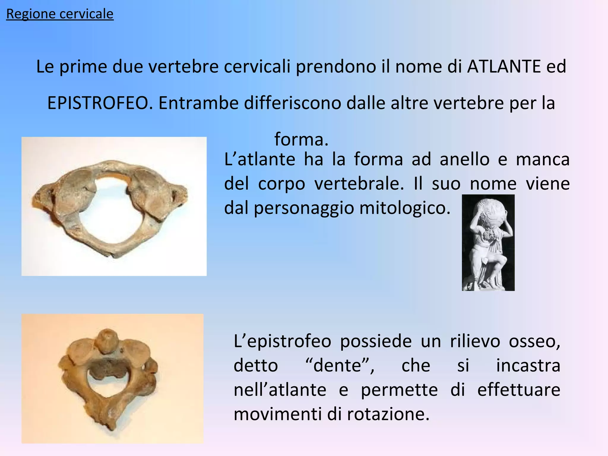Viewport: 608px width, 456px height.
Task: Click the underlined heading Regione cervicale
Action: click(x=60, y=14)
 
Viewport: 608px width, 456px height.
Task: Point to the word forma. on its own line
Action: click(x=301, y=139)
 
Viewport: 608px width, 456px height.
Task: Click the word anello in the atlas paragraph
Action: click(x=464, y=159)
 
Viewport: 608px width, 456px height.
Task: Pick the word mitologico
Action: click(x=405, y=208)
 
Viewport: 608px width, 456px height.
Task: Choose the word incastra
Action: click(x=528, y=365)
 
